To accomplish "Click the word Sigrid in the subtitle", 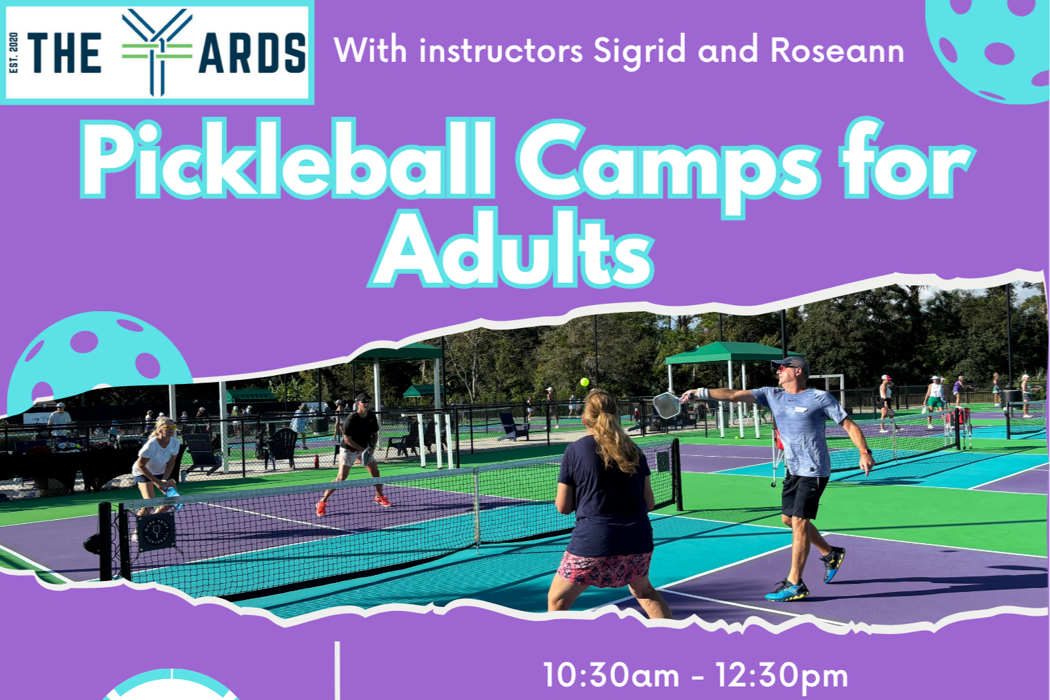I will pos(639,51).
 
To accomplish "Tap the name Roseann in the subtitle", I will pos(837,51).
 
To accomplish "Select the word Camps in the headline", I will pos(669,163).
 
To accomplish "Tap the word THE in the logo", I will pos(65,54).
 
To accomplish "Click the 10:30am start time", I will pos(611,676).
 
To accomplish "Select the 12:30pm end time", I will pos(782,676).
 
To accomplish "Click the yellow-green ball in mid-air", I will pos(584,382).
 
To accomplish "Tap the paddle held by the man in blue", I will pos(666,405).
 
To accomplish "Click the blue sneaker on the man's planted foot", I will pos(787,590).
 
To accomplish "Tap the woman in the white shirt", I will pos(157,459).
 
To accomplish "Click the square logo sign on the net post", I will pos(156,531).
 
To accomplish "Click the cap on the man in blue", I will pos(792,363).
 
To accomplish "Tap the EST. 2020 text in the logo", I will pos(14,52).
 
